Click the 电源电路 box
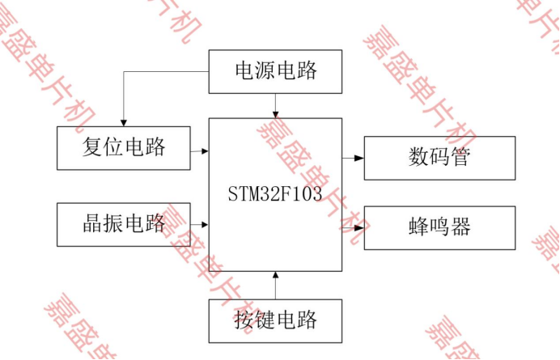(275, 71)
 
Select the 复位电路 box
(124, 147)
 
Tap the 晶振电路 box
(124, 224)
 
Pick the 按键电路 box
(275, 320)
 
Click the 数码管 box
(439, 158)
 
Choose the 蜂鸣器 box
(439, 227)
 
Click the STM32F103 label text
(275, 195)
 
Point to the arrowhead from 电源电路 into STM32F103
(276, 114)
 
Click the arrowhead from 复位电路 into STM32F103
(205, 150)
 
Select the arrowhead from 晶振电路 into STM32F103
(205, 224)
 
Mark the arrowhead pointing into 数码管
(360, 158)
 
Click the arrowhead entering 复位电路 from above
(123, 122)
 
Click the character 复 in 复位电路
(93, 147)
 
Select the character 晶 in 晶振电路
(93, 224)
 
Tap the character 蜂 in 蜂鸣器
(418, 227)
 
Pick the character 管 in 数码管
(460, 158)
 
